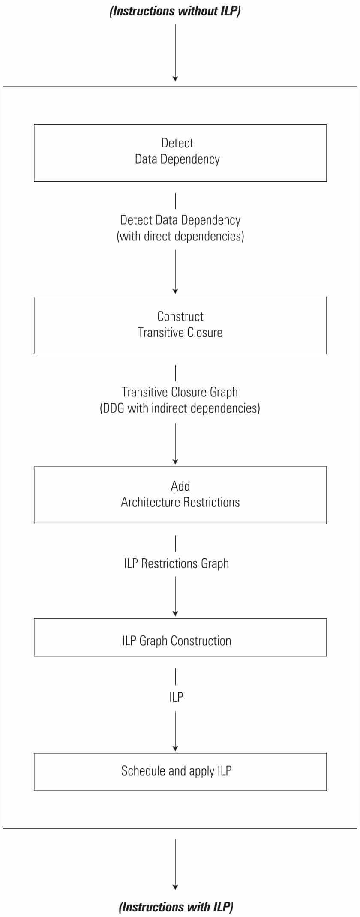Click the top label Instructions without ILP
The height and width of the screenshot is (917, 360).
175,11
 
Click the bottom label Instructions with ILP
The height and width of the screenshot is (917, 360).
176,907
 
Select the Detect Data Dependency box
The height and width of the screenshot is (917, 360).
180,153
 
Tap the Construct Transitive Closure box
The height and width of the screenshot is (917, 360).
180,325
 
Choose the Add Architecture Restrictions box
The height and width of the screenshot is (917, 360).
180,495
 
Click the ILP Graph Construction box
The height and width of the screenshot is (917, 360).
180,637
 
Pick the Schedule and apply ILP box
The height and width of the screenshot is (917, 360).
180,772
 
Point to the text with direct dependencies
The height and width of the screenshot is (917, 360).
180,236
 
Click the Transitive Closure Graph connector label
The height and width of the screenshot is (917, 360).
180,392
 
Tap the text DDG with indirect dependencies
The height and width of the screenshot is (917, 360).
180,408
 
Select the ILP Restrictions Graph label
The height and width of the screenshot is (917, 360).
176,563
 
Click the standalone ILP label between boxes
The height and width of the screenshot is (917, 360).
176,697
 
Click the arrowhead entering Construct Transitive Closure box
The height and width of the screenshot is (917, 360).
175,291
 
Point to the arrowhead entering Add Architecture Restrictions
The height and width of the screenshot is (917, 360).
175,462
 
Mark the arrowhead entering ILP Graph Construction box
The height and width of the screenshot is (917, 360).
175,614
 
